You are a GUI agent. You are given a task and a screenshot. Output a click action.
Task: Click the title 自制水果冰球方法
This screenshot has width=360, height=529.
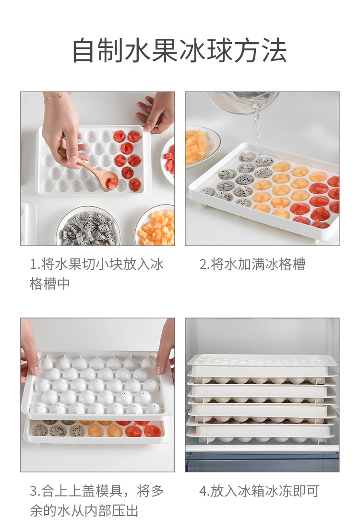tap(180, 51)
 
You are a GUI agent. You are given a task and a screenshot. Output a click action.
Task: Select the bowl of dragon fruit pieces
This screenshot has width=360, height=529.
tap(88, 226)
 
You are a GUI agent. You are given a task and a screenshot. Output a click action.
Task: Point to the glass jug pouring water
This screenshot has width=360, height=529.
tap(242, 102)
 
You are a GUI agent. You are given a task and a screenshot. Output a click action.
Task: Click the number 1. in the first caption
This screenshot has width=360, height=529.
tap(35, 264)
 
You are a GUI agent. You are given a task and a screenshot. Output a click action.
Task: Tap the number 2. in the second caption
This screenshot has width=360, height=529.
tap(204, 264)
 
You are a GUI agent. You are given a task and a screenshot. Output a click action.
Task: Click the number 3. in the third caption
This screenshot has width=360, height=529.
tap(35, 491)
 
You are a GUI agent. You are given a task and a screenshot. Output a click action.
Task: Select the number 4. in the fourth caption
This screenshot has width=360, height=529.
tap(204, 491)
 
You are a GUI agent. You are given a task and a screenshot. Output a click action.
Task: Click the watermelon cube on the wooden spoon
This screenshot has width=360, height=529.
tap(112, 183)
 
